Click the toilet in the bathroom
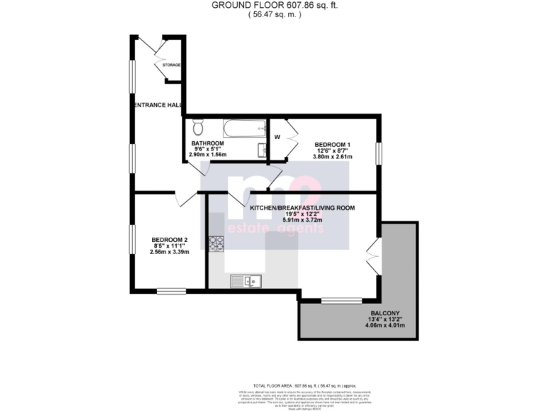click(x=199, y=128)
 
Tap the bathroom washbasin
click(x=262, y=150)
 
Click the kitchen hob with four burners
click(x=215, y=244)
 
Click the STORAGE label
click(x=171, y=65)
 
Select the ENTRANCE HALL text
click(x=157, y=105)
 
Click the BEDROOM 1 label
click(x=333, y=144)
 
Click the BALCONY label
click(x=385, y=311)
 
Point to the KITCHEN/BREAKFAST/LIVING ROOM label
click(x=302, y=207)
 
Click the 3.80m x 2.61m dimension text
click(x=333, y=157)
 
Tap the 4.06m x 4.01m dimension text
click(x=385, y=325)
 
